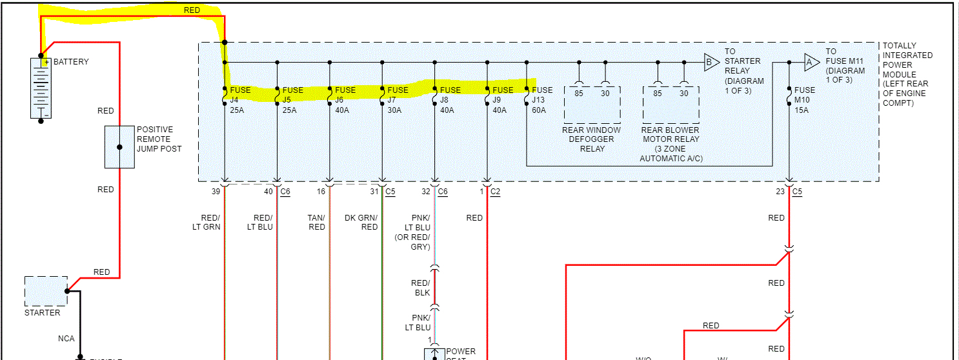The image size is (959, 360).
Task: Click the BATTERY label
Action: tap(71, 62)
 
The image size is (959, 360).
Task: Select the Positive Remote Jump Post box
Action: tap(119, 147)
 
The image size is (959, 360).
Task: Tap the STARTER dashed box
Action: tap(46, 292)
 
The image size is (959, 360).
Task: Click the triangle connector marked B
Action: tap(711, 63)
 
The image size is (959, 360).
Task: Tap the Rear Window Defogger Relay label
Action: tap(592, 139)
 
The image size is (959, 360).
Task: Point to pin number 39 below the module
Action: tap(216, 192)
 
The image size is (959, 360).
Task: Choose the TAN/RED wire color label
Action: tap(316, 223)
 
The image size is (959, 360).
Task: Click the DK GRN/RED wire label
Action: tap(361, 223)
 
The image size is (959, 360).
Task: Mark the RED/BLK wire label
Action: tap(420, 288)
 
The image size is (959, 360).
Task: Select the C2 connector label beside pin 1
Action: tap(496, 192)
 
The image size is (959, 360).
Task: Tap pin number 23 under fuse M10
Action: tap(780, 192)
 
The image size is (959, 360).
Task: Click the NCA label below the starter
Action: tap(66, 338)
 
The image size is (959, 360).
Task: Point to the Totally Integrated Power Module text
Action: tap(907, 74)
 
